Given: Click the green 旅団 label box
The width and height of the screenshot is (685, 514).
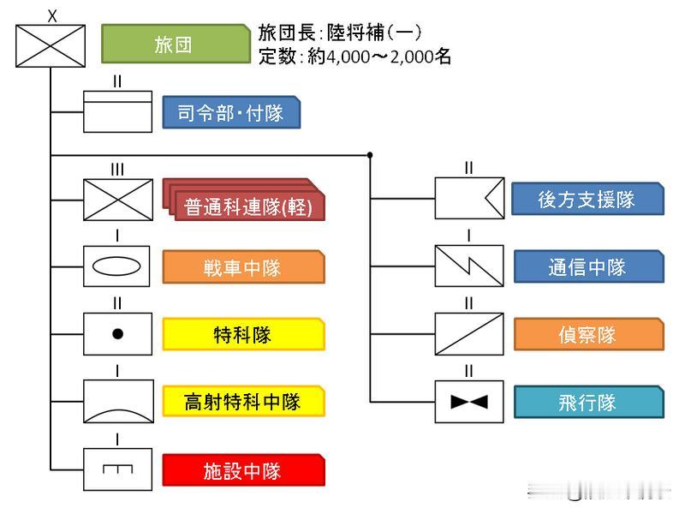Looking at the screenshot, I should pos(174,45).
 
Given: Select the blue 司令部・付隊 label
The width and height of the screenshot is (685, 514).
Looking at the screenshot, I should pos(231,112).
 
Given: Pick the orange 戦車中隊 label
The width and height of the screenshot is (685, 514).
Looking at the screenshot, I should pos(244,267).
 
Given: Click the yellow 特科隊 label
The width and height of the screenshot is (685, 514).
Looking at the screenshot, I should pos(244,334).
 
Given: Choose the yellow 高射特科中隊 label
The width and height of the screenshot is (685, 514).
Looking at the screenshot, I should pos(244,401).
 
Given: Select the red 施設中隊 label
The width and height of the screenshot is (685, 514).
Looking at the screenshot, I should pos(244,470).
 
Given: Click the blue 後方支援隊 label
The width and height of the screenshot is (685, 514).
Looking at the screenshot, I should pos(587,199).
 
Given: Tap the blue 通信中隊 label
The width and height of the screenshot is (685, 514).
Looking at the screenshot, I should pos(587,266).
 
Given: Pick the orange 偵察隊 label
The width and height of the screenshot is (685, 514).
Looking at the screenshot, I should pos(587,334).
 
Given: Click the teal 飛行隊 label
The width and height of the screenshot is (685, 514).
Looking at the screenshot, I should pos(587,402).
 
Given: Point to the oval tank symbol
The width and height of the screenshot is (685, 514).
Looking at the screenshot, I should pos(117,266).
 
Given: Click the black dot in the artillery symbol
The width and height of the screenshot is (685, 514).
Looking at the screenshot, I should pos(117,334).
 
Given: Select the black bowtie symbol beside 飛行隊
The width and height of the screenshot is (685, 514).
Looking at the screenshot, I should pos(468,402).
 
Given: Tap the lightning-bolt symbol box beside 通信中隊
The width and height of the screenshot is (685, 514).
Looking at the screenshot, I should pos(468,266).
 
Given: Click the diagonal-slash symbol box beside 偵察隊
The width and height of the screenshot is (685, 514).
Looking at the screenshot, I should pos(468,334).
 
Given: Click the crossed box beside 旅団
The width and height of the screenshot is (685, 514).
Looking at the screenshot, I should pos(51,45).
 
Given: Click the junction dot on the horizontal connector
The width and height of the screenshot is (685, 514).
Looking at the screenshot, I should pos(370,155).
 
